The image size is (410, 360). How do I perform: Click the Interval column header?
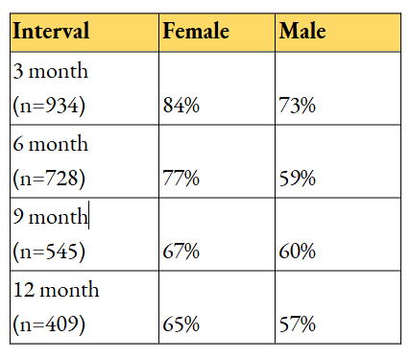pos(51,31)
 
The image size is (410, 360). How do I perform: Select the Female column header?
pos(196,31)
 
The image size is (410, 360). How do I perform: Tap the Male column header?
pos(302,31)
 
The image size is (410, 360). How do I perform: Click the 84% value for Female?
pos(181,106)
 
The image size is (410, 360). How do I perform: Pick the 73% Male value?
pos(298,106)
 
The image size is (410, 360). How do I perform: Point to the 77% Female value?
pos(181,178)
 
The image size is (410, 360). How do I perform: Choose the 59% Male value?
pos(298,178)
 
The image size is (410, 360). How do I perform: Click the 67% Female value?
pos(181,252)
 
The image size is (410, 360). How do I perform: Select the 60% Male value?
pos(298,252)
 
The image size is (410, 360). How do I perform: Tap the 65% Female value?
pos(181,324)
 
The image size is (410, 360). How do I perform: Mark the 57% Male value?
pos(298,324)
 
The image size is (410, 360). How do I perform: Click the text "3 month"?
pos(51,70)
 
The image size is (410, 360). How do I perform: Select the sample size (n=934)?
pos(49,106)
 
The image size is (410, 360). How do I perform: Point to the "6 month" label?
pos(51,143)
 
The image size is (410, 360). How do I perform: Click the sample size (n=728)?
pos(49,179)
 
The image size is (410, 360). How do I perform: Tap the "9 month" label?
pos(50,216)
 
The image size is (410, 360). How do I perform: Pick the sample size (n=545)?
pos(49,252)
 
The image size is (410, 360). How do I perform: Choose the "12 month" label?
pos(57,289)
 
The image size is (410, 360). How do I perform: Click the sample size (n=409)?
pos(49,324)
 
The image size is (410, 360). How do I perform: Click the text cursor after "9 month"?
pos(88,215)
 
